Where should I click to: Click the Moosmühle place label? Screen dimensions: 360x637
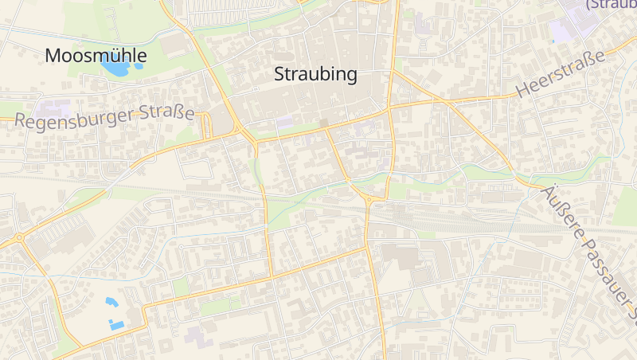tap(96, 56)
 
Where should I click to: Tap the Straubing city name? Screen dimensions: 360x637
tap(315, 75)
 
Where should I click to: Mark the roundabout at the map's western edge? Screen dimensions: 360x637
tap(18, 237)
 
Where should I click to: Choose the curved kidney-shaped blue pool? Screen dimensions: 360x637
tap(110, 302)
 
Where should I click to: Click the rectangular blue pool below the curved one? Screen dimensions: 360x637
tap(117, 325)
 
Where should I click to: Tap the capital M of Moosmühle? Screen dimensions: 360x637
tap(53, 56)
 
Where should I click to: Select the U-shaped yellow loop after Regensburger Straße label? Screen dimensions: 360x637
tap(206, 125)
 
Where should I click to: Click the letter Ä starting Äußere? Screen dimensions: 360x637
tap(548, 192)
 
